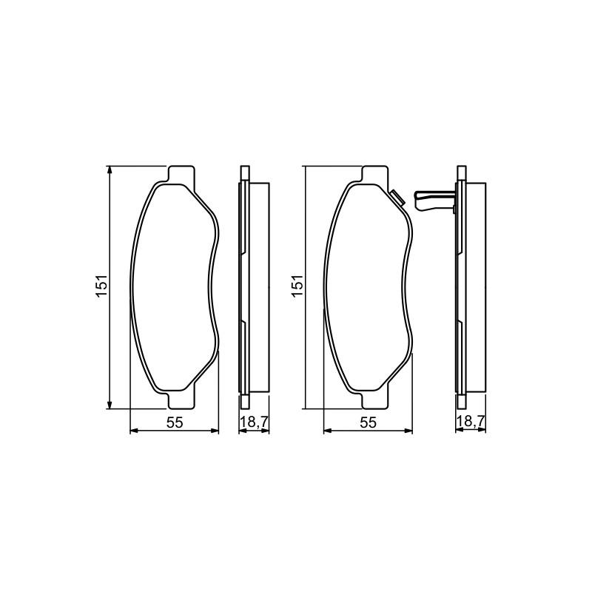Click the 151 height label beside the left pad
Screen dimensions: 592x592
(x=102, y=286)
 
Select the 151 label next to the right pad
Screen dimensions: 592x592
(x=297, y=286)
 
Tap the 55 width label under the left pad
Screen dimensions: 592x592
(x=175, y=423)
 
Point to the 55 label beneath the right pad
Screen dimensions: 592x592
(x=369, y=423)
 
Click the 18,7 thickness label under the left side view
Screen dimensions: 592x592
(x=254, y=422)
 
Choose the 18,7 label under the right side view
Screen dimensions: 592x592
(x=471, y=422)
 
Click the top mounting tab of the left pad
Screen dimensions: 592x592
(x=181, y=175)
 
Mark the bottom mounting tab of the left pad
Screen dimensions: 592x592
(x=181, y=400)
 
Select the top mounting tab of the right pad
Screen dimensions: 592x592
(x=375, y=175)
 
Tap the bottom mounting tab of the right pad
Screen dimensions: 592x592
(x=375, y=400)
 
